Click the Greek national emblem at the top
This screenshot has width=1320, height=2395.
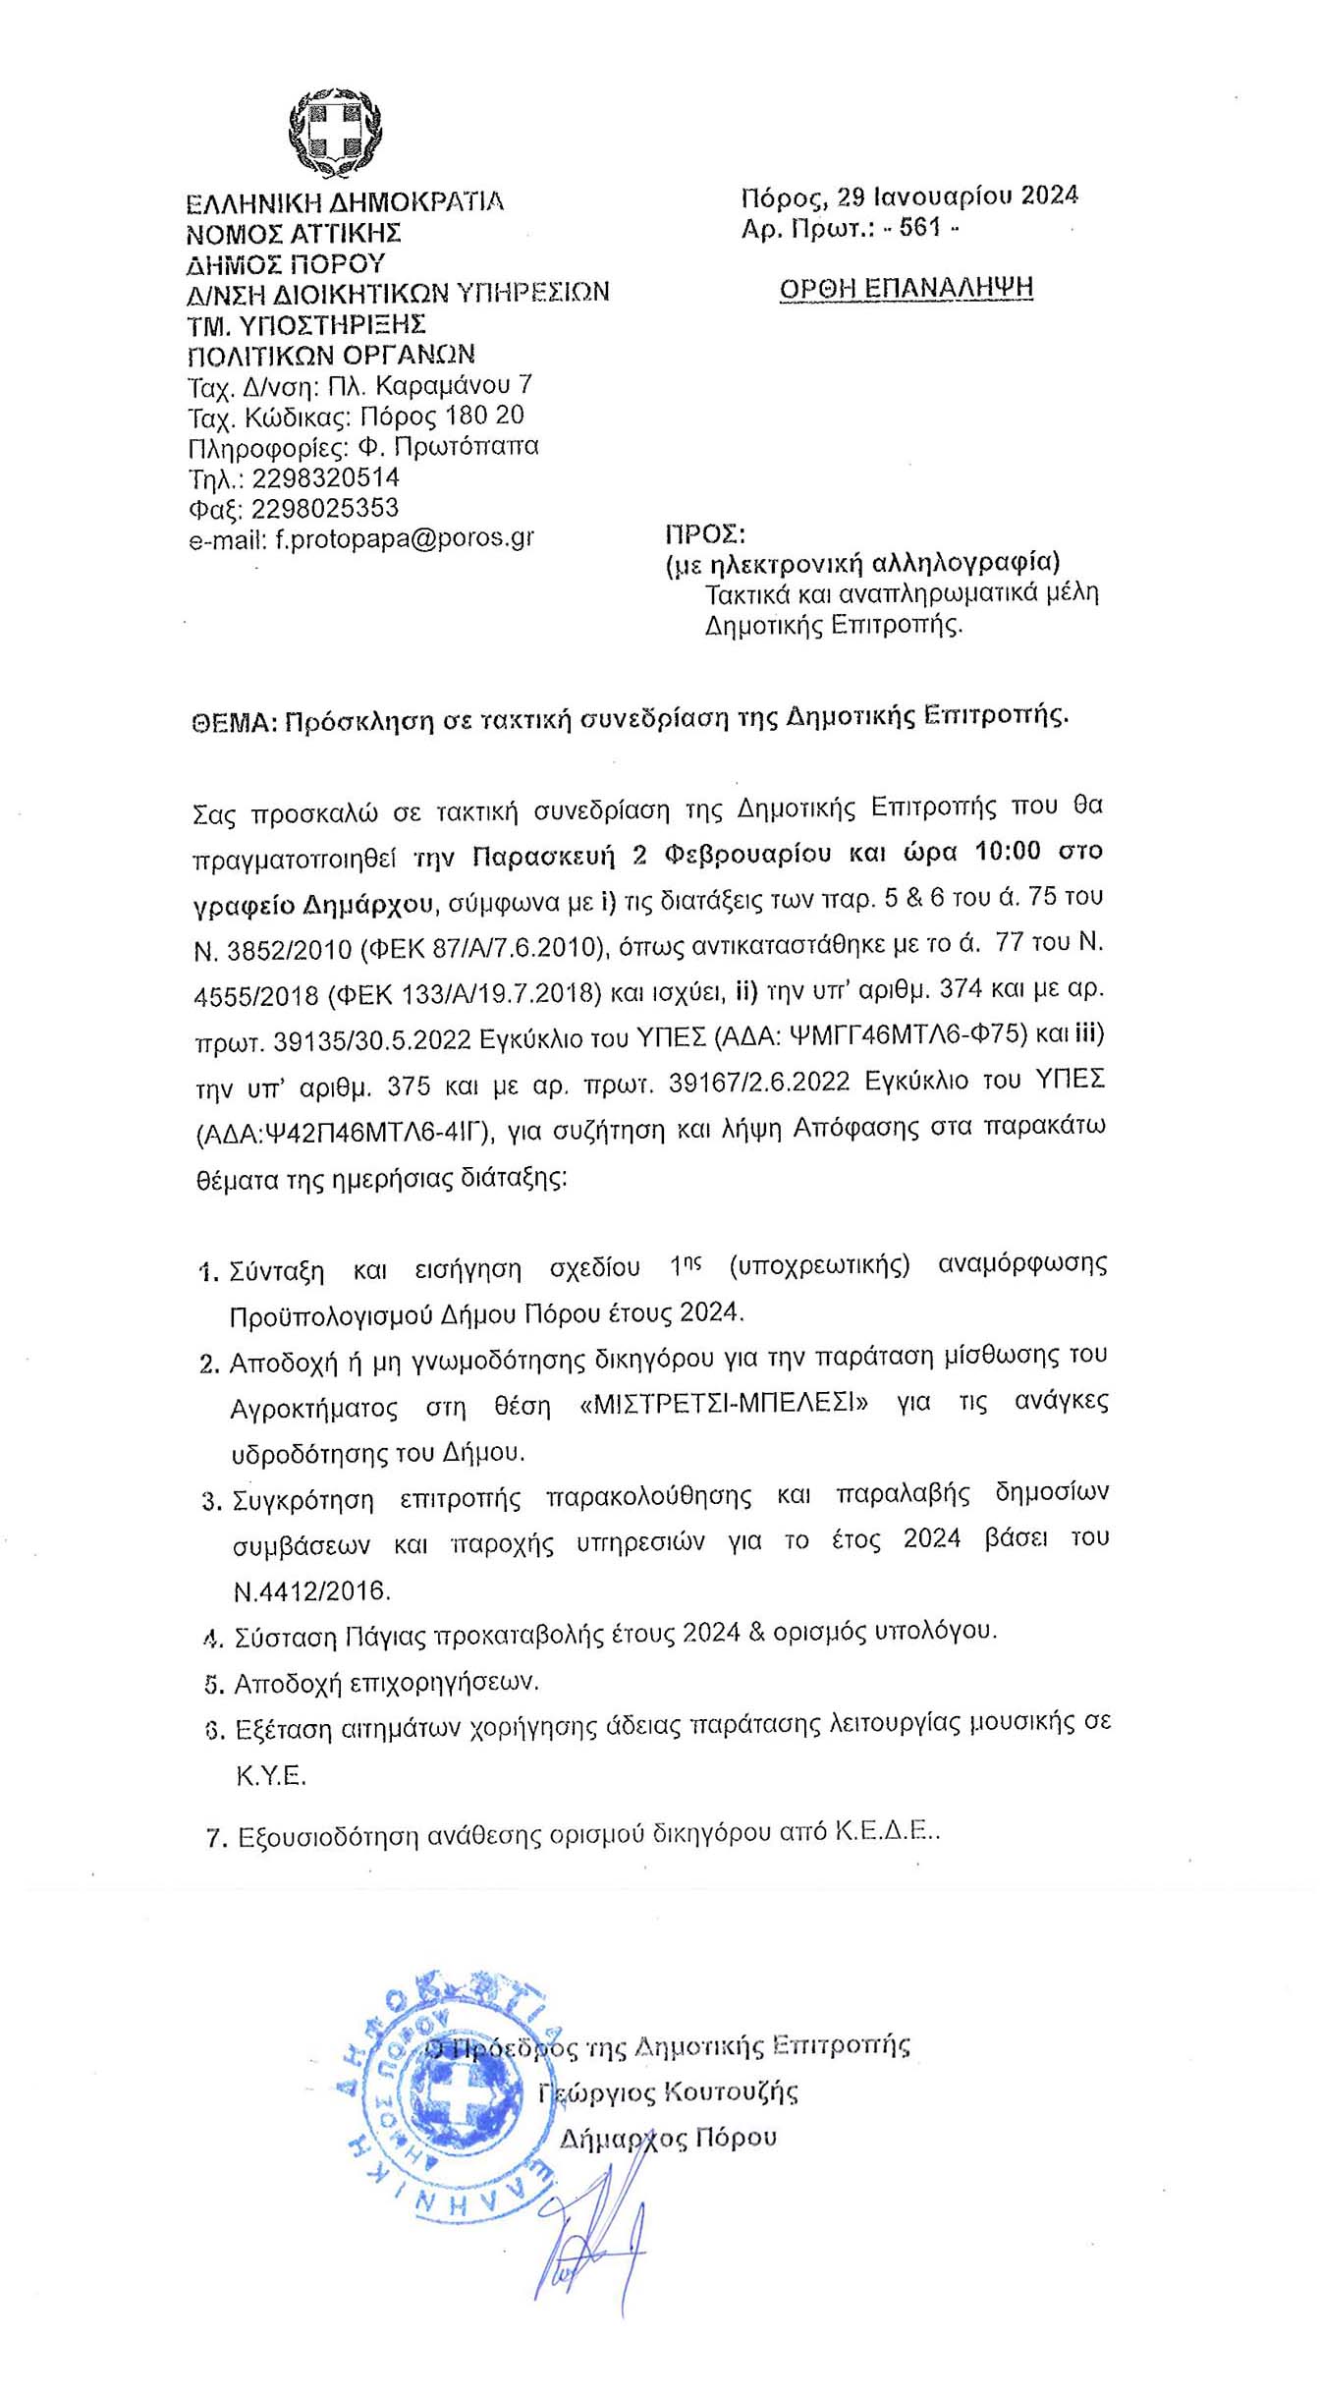[x=334, y=131]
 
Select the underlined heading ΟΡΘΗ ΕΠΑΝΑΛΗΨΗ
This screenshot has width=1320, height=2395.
[x=906, y=288]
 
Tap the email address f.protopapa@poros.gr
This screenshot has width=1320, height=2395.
[x=405, y=539]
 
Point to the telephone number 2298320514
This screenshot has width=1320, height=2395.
[x=326, y=478]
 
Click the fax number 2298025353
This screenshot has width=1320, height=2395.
[x=325, y=509]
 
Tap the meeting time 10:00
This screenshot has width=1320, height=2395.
[x=1007, y=851]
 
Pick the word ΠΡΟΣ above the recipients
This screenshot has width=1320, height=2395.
[x=705, y=534]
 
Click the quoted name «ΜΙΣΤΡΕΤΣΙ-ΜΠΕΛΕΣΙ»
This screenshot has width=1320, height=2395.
[x=725, y=1405]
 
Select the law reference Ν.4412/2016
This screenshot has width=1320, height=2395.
[x=312, y=1590]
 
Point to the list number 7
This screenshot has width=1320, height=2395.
[x=215, y=1837]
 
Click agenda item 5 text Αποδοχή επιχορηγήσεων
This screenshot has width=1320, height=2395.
[x=387, y=1683]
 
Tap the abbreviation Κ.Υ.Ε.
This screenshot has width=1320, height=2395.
[x=271, y=1776]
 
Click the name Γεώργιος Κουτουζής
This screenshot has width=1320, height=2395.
[x=668, y=2093]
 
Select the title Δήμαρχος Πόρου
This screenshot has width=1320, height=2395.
[x=668, y=2138]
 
